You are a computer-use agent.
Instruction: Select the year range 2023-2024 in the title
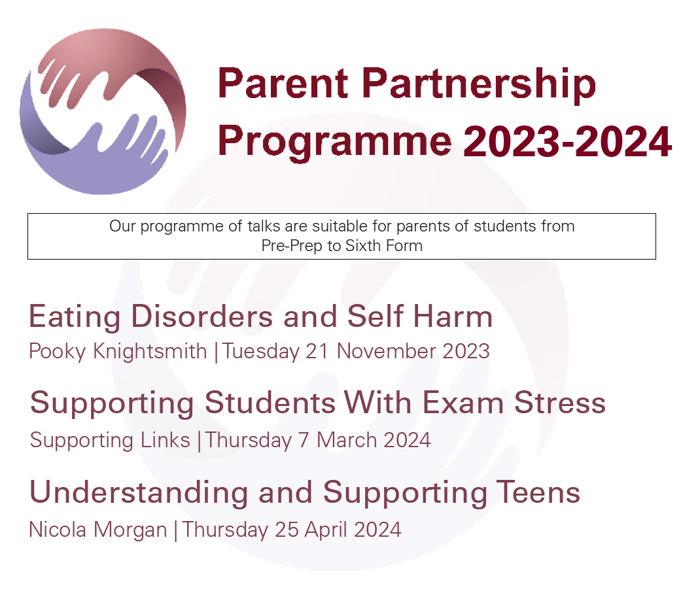tap(567, 141)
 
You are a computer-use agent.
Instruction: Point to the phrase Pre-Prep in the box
tap(292, 246)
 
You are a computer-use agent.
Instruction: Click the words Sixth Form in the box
tap(384, 246)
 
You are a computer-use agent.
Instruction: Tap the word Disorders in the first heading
tap(201, 316)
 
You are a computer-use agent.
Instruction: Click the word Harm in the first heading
tap(453, 316)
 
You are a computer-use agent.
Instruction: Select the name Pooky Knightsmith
tap(118, 351)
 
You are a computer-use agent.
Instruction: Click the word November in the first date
tap(387, 351)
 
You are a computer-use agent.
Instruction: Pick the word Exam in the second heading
tap(463, 403)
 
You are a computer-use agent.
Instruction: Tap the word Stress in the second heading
tap(560, 403)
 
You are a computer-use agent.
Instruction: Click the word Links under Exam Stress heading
tap(166, 440)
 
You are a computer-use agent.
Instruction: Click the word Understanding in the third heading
tap(139, 493)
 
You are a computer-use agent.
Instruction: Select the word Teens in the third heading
tap(539, 492)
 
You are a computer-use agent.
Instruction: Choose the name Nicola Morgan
tap(98, 530)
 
